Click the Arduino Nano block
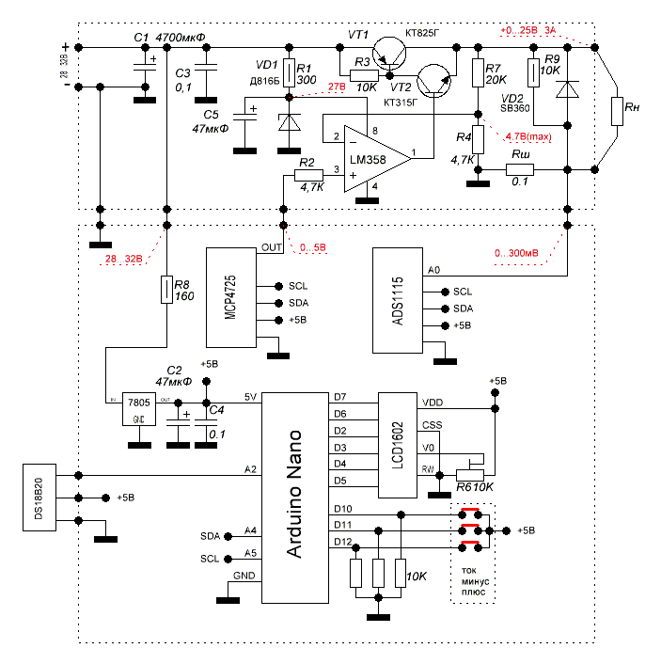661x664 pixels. click(x=293, y=498)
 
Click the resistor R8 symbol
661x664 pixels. click(x=166, y=291)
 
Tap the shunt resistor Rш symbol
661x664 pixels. click(x=520, y=170)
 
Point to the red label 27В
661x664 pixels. click(x=336, y=87)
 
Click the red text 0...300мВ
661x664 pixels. click(x=517, y=253)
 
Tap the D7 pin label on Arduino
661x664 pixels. click(x=340, y=397)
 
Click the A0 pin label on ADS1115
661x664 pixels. click(x=433, y=270)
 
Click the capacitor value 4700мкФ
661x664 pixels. click(x=181, y=37)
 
